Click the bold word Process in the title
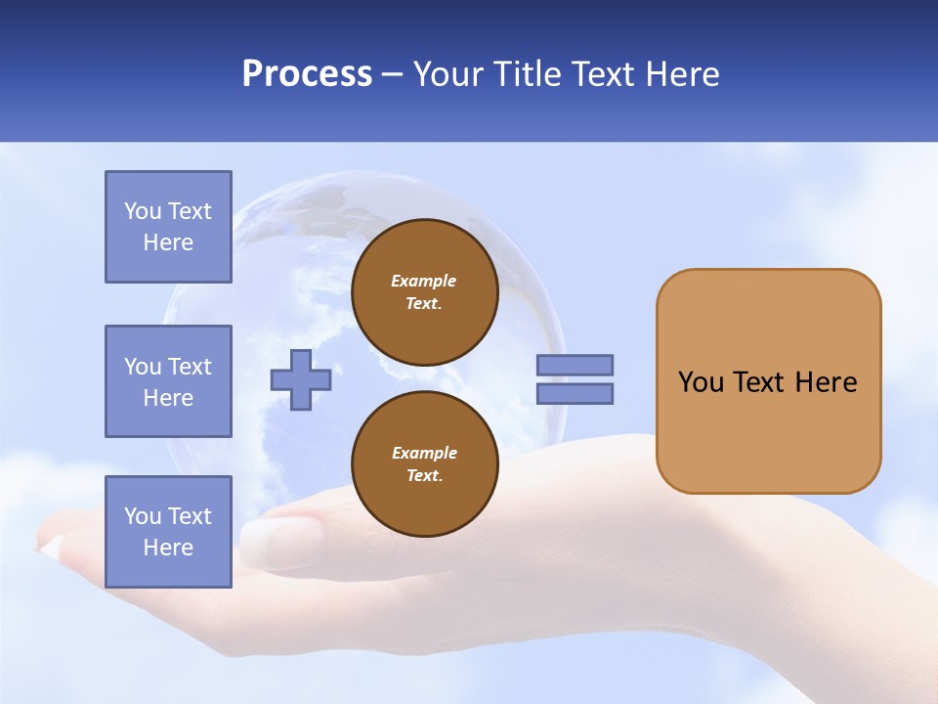click(307, 74)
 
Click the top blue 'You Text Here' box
click(168, 227)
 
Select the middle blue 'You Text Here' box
click(168, 381)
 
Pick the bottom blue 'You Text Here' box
click(168, 532)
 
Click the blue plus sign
click(300, 379)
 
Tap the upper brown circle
click(424, 292)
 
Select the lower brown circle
click(424, 464)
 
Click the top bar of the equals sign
click(575, 365)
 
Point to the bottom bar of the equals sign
click(575, 393)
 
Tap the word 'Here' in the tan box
click(826, 382)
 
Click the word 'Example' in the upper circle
click(424, 281)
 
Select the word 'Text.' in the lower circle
click(424, 476)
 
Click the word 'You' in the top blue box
click(142, 211)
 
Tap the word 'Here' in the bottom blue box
click(168, 548)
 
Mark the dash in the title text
click(392, 74)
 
